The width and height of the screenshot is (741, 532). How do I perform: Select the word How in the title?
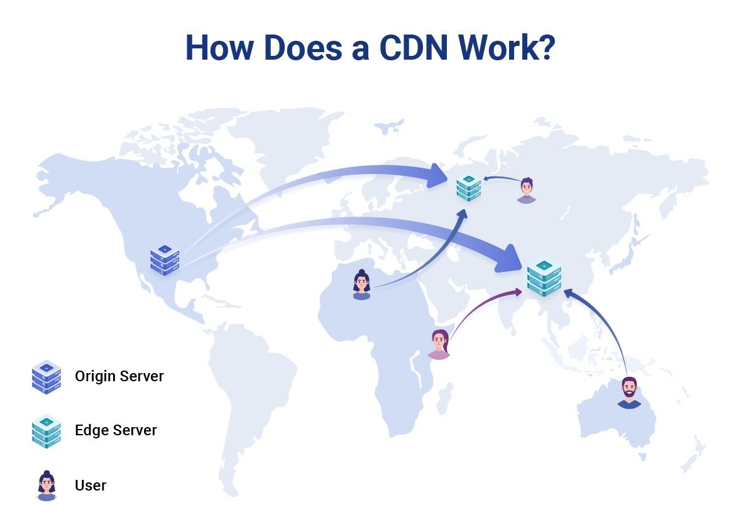point(220,47)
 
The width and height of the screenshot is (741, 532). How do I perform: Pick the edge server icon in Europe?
point(469,187)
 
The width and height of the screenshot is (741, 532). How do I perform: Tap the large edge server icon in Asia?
point(544,278)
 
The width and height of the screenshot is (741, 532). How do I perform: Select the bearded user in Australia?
point(629,393)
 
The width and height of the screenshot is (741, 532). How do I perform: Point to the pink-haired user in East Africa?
point(439,344)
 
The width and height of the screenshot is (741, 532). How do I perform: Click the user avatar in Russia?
point(527,190)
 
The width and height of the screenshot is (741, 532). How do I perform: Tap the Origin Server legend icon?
point(47,377)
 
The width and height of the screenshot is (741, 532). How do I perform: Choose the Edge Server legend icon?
point(47,432)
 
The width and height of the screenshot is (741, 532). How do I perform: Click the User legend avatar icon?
point(47,486)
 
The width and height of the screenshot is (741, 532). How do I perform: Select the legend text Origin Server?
point(119,376)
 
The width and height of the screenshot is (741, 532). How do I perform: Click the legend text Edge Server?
point(116,430)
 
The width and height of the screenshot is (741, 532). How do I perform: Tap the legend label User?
point(91,485)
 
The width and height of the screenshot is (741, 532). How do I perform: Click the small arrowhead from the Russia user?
point(486,178)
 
